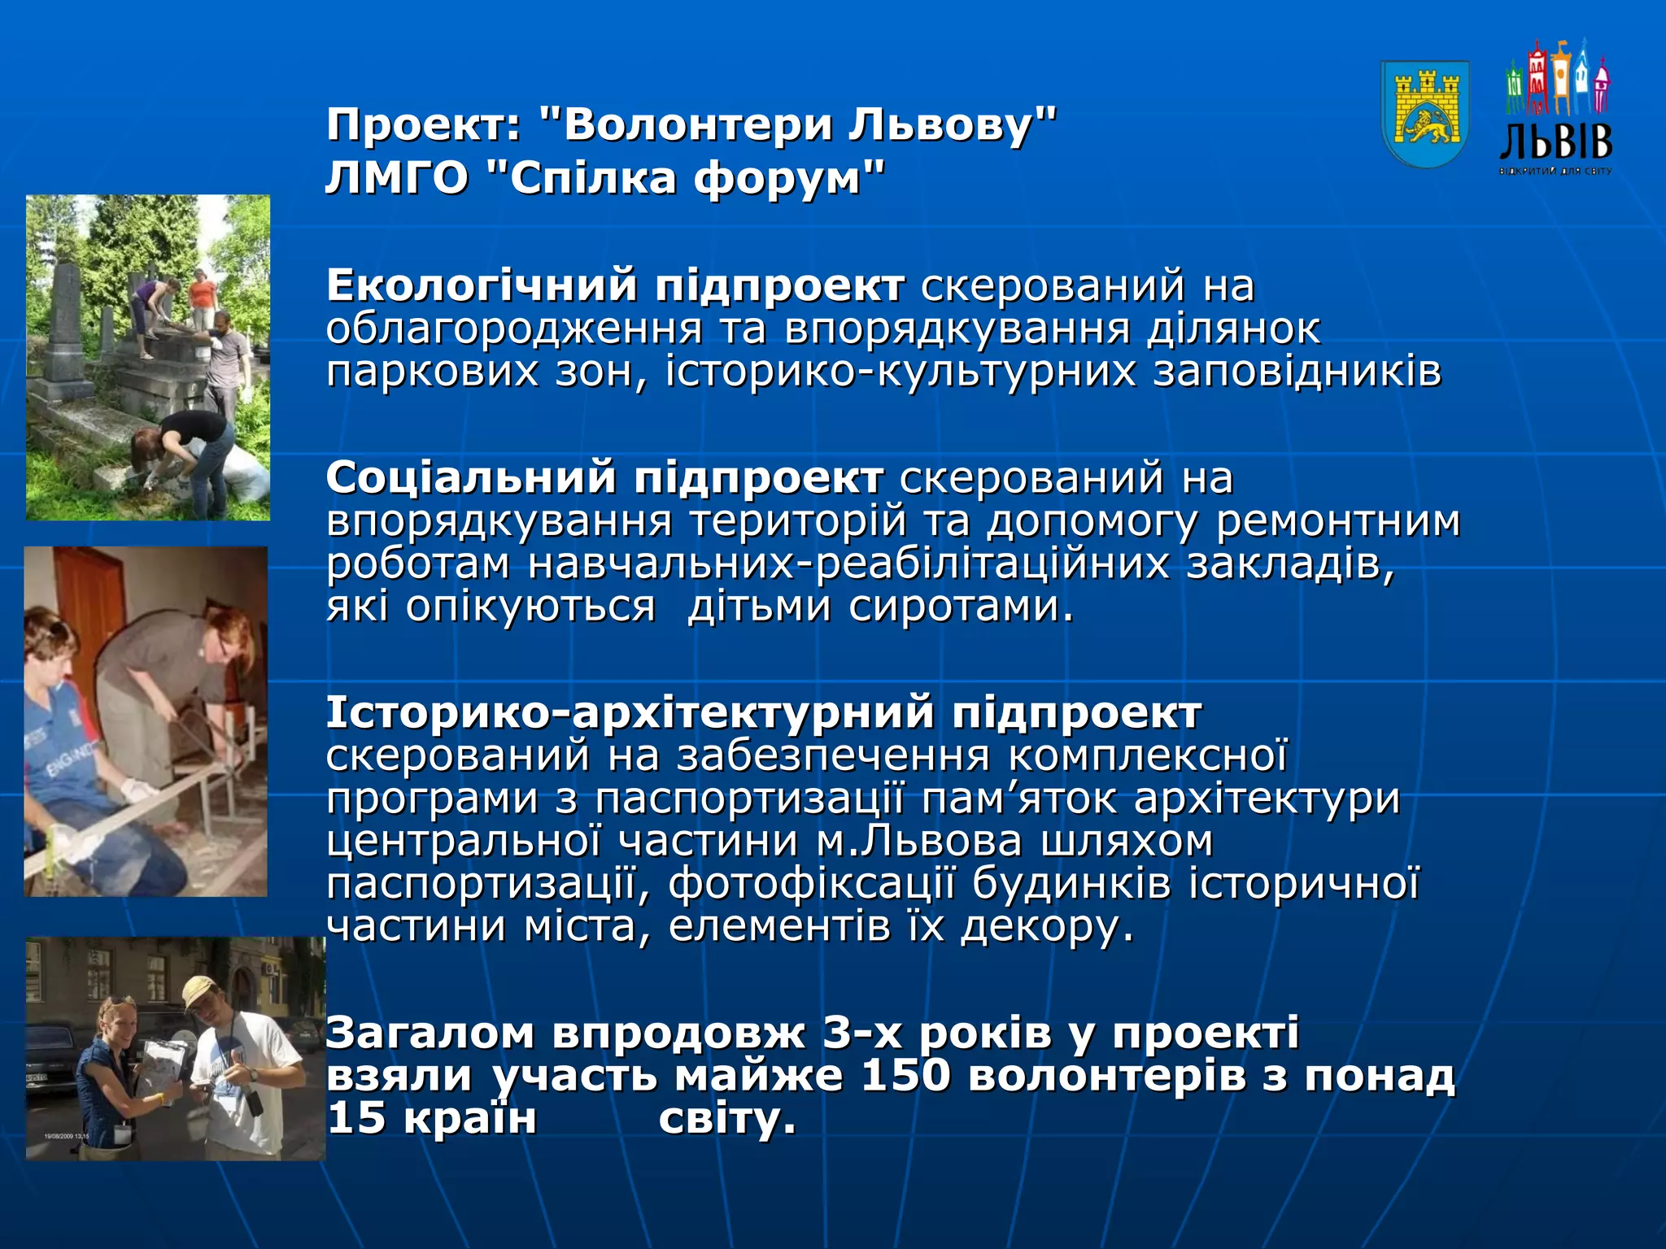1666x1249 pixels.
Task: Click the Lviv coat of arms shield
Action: click(1424, 114)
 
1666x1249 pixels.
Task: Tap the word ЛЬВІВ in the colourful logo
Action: click(1555, 143)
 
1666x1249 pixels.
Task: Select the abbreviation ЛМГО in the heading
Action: click(397, 178)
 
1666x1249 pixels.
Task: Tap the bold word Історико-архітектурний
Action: click(630, 712)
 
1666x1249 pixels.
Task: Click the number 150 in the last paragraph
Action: click(905, 1075)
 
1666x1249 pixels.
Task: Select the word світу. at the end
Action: click(726, 1118)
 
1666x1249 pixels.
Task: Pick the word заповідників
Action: click(1297, 372)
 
